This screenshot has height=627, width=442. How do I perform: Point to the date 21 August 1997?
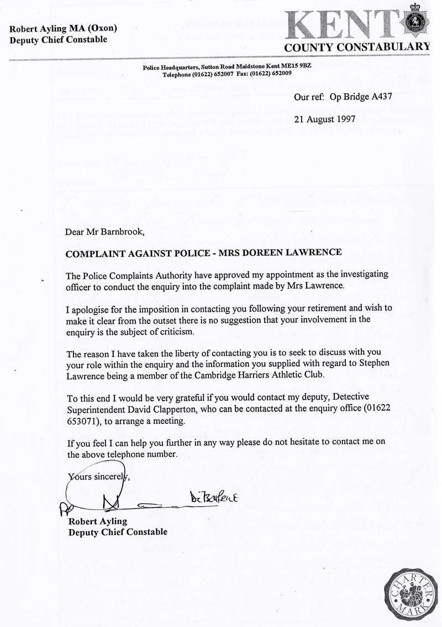click(x=324, y=118)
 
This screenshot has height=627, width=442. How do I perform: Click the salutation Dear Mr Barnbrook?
click(x=104, y=231)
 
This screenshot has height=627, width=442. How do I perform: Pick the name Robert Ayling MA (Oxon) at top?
click(x=64, y=29)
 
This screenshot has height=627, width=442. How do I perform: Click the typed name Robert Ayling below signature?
click(x=97, y=521)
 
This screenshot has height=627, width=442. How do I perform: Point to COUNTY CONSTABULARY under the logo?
click(x=356, y=47)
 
